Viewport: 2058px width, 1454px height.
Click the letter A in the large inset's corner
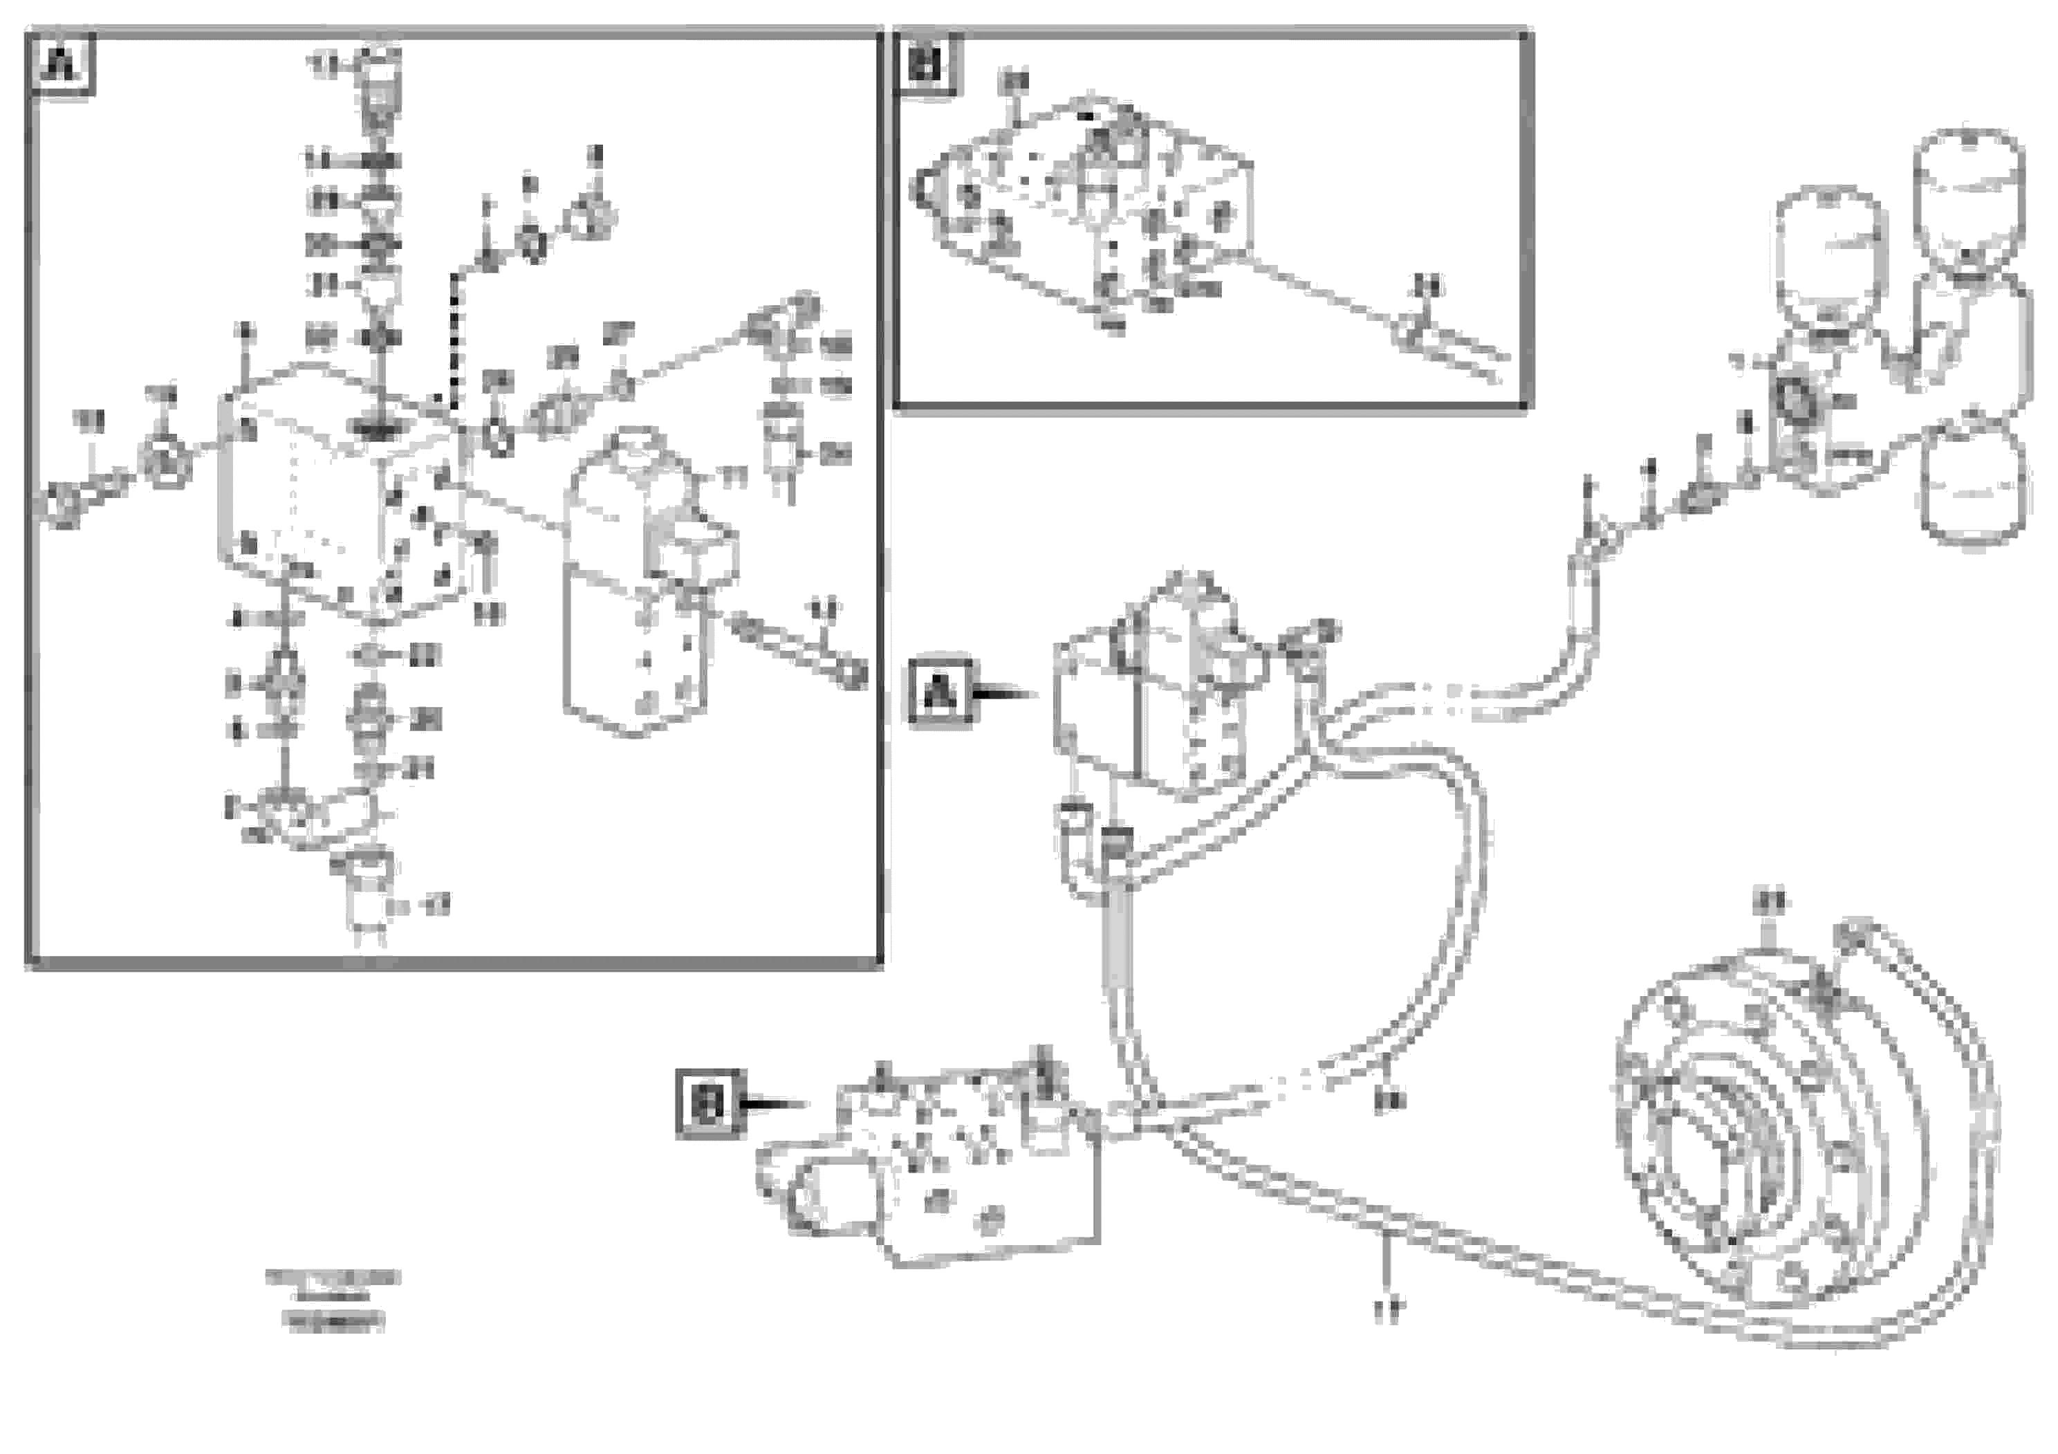click(62, 64)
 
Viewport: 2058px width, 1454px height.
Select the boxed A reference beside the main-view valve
click(938, 692)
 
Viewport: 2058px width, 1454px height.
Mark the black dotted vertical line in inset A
click(454, 340)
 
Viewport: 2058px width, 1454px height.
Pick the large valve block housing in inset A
click(341, 493)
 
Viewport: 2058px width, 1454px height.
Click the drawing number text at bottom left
click(333, 1300)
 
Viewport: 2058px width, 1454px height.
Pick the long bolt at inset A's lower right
click(798, 650)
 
